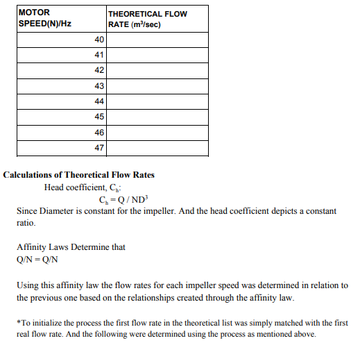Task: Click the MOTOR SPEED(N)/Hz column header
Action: coord(45,18)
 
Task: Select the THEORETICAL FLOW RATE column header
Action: coord(147,19)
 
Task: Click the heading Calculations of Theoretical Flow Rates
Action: coord(79,174)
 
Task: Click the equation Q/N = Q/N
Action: coord(37,260)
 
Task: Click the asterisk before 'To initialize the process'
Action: coord(18,323)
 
